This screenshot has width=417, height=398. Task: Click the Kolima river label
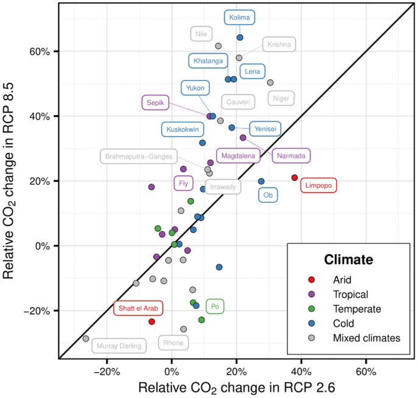(x=239, y=18)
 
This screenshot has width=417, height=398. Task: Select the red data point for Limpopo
(x=295, y=177)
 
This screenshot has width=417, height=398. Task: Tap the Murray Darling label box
(x=120, y=346)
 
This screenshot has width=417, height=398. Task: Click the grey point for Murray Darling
(x=86, y=338)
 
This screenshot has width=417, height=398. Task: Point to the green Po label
(x=214, y=306)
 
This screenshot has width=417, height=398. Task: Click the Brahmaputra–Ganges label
(x=139, y=156)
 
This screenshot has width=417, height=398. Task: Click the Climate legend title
(x=348, y=259)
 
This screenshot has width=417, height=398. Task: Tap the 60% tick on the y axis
(x=40, y=51)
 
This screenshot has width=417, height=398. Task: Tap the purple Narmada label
(x=291, y=156)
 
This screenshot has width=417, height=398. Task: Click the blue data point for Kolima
(x=240, y=37)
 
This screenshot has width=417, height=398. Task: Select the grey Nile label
(x=201, y=34)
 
